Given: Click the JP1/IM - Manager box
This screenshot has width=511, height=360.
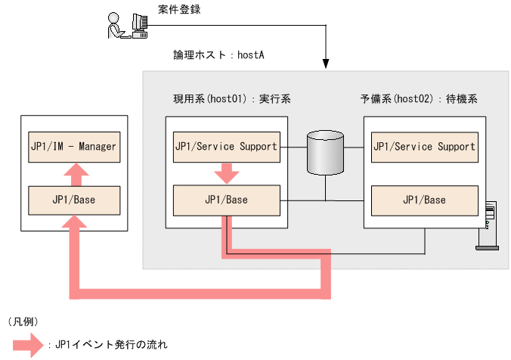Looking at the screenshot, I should tap(73, 146).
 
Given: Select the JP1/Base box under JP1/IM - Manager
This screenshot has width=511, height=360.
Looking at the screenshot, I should tap(73, 200).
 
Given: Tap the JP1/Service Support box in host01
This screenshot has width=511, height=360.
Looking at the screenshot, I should tap(226, 146).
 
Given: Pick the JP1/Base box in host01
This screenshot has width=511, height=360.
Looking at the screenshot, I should tap(226, 200).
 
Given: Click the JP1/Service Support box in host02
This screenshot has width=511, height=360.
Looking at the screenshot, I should tap(424, 146).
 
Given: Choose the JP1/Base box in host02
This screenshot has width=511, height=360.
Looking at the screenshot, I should tap(424, 200).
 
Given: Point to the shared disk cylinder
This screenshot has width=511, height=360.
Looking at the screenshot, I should tap(326, 154).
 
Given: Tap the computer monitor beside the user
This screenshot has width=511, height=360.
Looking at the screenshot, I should tap(139, 23).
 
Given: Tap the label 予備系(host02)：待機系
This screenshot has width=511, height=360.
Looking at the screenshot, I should tap(418, 99).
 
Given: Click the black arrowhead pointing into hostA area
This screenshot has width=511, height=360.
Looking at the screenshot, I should tap(326, 64).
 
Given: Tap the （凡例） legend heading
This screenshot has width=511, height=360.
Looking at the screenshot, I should tap(23, 321).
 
